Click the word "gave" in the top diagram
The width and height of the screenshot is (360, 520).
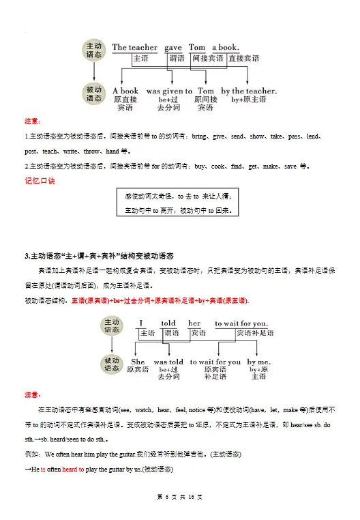tap(173, 47)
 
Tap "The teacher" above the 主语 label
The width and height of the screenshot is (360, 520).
tap(134, 47)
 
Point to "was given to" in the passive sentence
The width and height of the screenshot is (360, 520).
tap(169, 91)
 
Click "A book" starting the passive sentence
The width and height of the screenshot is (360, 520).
tap(125, 91)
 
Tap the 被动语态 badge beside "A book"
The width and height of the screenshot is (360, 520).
tap(93, 94)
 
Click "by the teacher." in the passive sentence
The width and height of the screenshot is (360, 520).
tap(249, 91)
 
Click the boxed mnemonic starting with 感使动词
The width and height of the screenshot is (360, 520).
tap(179, 203)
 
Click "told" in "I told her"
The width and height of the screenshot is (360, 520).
tap(168, 323)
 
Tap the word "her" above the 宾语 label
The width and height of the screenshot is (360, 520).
tap(195, 323)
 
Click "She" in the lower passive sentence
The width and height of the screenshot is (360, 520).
tap(138, 362)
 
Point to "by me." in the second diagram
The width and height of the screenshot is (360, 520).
tap(259, 362)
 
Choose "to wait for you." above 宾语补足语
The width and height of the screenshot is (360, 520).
tap(241, 323)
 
